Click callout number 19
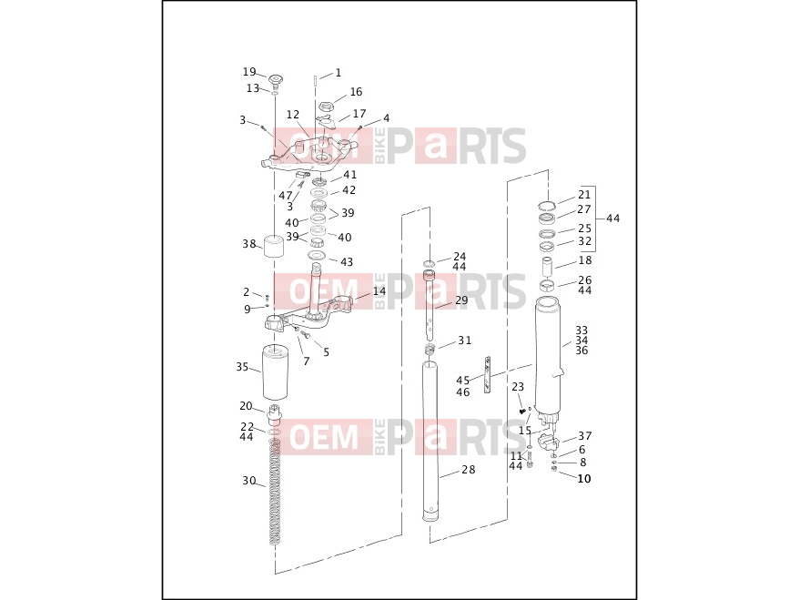point(249,72)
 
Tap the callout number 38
point(249,244)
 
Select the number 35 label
point(242,367)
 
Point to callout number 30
point(248,481)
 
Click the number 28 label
point(469,470)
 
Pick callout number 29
point(461,300)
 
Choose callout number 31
point(465,340)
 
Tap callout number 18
point(585,260)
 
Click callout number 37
point(585,436)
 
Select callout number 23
point(518,387)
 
